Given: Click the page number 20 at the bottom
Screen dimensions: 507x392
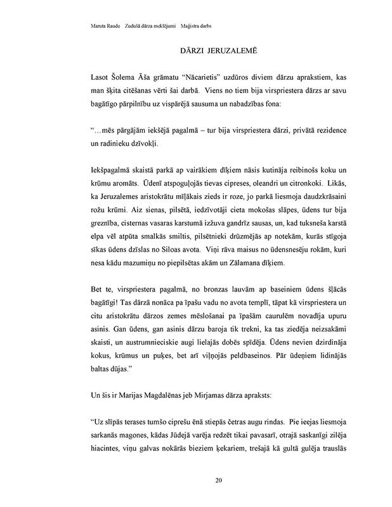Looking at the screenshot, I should click(218, 480).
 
